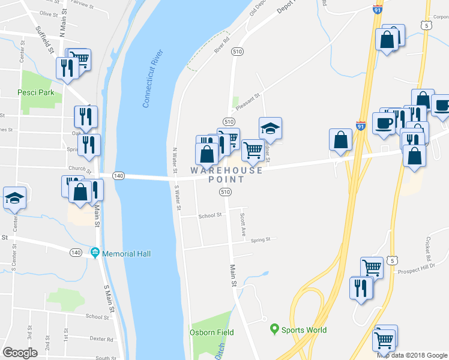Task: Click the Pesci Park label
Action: pyautogui.click(x=37, y=93)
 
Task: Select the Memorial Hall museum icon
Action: pyautogui.click(x=95, y=253)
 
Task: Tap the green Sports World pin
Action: pyautogui.click(x=275, y=329)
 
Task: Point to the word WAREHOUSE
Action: pyautogui.click(x=226, y=170)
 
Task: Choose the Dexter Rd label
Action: pyautogui.click(x=101, y=339)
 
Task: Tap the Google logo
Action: pyautogui.click(x=20, y=353)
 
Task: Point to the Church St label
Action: pyautogui.click(x=79, y=170)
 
